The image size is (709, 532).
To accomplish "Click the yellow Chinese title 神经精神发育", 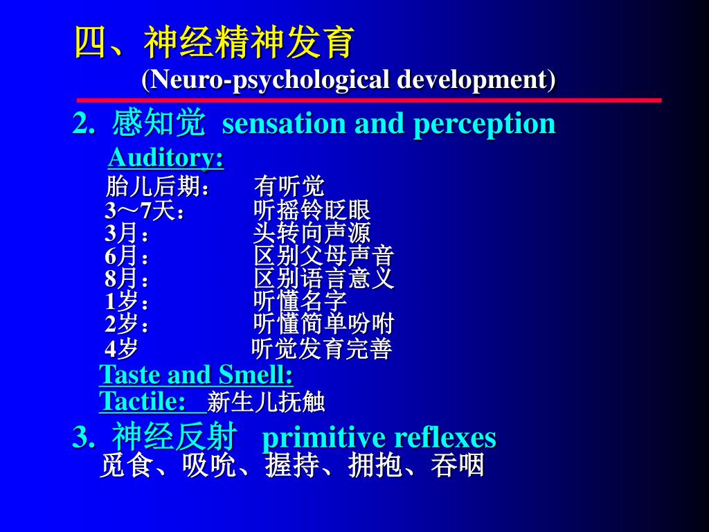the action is click(x=249, y=42).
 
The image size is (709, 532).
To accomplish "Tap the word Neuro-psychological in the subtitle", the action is click(x=269, y=80).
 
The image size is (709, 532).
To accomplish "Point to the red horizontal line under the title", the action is click(x=369, y=100).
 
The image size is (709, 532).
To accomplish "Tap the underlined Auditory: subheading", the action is click(x=166, y=158).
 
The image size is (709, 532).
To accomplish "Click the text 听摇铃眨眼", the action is click(x=312, y=211).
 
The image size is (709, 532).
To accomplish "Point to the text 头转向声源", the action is click(x=312, y=233).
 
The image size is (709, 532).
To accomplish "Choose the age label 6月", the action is click(x=121, y=256).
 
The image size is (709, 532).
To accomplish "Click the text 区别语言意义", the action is click(x=324, y=278).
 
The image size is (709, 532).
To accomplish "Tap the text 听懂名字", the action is click(x=300, y=301).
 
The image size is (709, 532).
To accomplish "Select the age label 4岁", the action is click(x=121, y=348).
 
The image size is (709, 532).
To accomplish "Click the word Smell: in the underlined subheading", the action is click(x=256, y=375).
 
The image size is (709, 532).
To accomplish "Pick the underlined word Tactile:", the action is click(x=143, y=401).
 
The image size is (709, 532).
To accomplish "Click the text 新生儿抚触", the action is click(x=266, y=402).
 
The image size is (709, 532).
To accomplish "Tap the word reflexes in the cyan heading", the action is click(x=445, y=438).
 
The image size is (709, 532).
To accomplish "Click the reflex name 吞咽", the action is click(x=458, y=465).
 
